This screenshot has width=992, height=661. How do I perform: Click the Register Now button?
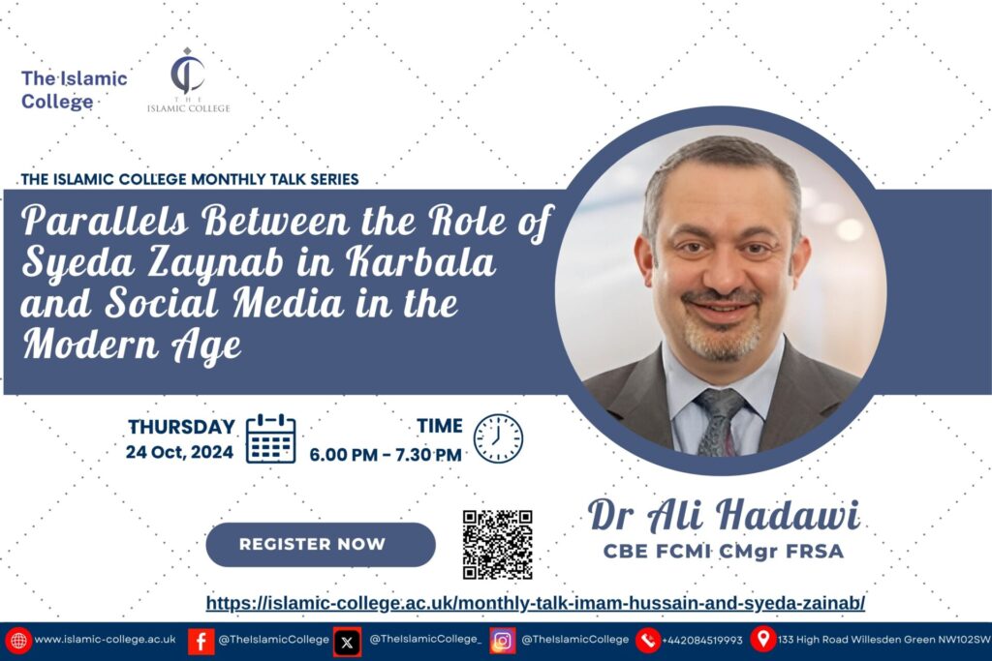[321, 544]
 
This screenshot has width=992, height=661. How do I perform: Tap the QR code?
[497, 545]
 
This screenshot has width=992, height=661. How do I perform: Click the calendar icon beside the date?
[271, 438]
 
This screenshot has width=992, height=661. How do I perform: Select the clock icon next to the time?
[499, 438]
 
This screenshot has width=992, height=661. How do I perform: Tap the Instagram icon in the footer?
[503, 641]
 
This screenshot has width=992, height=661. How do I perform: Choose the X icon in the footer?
[348, 643]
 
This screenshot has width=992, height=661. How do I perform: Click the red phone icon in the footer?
[648, 641]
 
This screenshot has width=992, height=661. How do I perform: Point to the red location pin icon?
[763, 638]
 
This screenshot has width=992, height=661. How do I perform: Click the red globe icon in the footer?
[18, 641]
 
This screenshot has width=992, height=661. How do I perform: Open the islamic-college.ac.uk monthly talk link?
[535, 603]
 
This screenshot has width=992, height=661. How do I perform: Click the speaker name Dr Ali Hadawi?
[724, 515]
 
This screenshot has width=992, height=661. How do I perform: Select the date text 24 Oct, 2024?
[179, 452]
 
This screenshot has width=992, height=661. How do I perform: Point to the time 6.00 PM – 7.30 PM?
[386, 454]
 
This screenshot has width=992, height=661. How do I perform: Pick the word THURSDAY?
[181, 427]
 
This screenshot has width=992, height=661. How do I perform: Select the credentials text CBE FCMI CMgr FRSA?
[724, 551]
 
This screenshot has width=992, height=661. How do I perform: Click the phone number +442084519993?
[702, 640]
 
